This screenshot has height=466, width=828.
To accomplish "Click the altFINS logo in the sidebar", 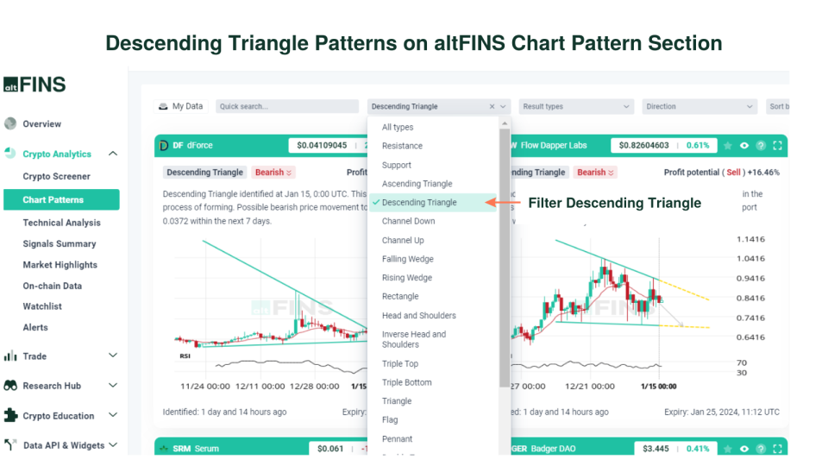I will pyautogui.click(x=34, y=85).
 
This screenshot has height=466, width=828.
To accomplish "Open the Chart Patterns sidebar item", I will pyautogui.click(x=53, y=200).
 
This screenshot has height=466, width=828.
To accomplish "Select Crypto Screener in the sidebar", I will pyautogui.click(x=56, y=177).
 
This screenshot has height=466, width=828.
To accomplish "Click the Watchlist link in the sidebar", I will pyautogui.click(x=42, y=306).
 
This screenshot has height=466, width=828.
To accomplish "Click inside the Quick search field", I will pyautogui.click(x=286, y=107).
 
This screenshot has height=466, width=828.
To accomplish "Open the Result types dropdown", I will pyautogui.click(x=576, y=107).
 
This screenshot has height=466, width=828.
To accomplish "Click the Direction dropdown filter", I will pyautogui.click(x=699, y=107).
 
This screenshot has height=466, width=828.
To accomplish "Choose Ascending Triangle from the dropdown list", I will pyautogui.click(x=417, y=184).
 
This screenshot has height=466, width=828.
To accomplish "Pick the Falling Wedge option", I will pyautogui.click(x=408, y=259).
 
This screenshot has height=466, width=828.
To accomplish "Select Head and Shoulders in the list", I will pyautogui.click(x=419, y=316).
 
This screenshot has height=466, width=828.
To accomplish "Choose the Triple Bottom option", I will pyautogui.click(x=407, y=382).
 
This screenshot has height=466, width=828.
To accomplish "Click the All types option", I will pyautogui.click(x=398, y=128).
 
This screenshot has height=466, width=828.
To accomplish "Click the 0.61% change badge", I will pyautogui.click(x=698, y=145).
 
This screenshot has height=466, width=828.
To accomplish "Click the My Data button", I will pyautogui.click(x=181, y=107).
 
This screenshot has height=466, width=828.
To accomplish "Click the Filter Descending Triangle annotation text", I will pyautogui.click(x=614, y=204).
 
